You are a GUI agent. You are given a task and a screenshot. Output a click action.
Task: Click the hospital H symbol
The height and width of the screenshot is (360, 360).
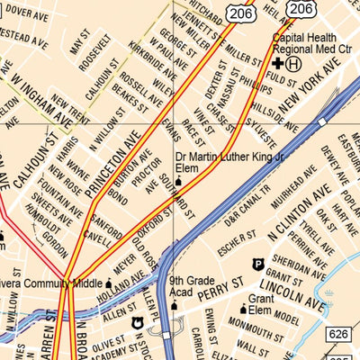[x=294, y=65]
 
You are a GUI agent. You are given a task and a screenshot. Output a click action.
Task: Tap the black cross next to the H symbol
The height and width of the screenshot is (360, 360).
[x=278, y=65]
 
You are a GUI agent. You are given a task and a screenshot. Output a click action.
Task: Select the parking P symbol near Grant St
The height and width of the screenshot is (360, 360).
[x=257, y=264]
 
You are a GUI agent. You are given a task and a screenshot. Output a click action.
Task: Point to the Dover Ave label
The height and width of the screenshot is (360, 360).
[x=26, y=13]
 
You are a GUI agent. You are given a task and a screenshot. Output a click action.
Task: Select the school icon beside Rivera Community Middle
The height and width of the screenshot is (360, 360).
[x=109, y=282]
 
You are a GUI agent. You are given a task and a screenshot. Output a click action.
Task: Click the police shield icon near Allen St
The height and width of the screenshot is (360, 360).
[x=138, y=323]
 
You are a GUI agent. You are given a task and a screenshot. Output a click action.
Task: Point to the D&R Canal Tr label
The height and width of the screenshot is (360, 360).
[x=247, y=209]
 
